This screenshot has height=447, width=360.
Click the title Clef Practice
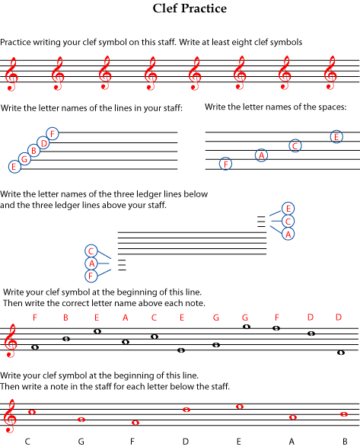190,8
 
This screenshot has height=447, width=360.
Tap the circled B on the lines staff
34,151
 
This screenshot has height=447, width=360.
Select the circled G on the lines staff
24,159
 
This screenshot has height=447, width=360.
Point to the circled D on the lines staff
43,143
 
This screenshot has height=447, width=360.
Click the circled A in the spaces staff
261,155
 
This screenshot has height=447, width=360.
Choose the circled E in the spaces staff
336,137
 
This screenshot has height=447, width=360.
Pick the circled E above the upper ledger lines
288,209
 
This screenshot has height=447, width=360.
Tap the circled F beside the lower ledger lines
91,276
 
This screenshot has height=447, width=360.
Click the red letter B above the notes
65,318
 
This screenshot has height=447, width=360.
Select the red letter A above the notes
125,318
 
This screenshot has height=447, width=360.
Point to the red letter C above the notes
154,318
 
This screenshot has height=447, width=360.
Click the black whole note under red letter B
66,339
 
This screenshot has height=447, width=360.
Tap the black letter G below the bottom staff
81,442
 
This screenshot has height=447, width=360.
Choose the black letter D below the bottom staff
186,442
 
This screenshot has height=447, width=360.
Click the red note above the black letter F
135,423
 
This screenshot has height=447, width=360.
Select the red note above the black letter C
32,412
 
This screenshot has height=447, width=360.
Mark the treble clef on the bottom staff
9,416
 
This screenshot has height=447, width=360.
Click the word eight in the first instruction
241,42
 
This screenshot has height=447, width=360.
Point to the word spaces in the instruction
331,107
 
